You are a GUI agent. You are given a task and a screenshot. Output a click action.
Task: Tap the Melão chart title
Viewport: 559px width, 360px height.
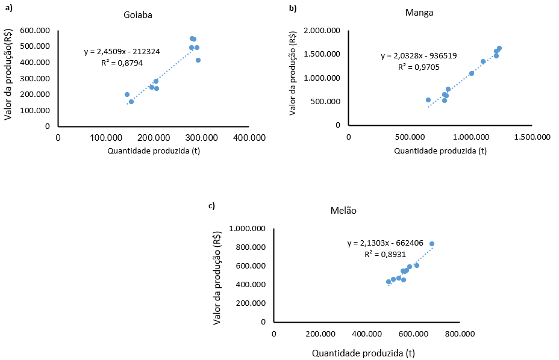[x=343, y=211]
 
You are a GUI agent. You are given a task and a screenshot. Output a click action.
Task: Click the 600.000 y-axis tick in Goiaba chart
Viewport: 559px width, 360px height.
[x=35, y=30]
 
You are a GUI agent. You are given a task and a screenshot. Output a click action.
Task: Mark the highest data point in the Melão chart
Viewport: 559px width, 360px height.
[x=432, y=244]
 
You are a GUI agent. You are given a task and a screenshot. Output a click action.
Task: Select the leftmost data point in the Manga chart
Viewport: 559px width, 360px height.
[x=428, y=100]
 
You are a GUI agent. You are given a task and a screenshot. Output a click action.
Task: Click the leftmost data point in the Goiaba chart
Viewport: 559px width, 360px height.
[x=127, y=95]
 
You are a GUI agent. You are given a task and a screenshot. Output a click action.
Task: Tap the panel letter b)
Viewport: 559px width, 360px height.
[x=293, y=8]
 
